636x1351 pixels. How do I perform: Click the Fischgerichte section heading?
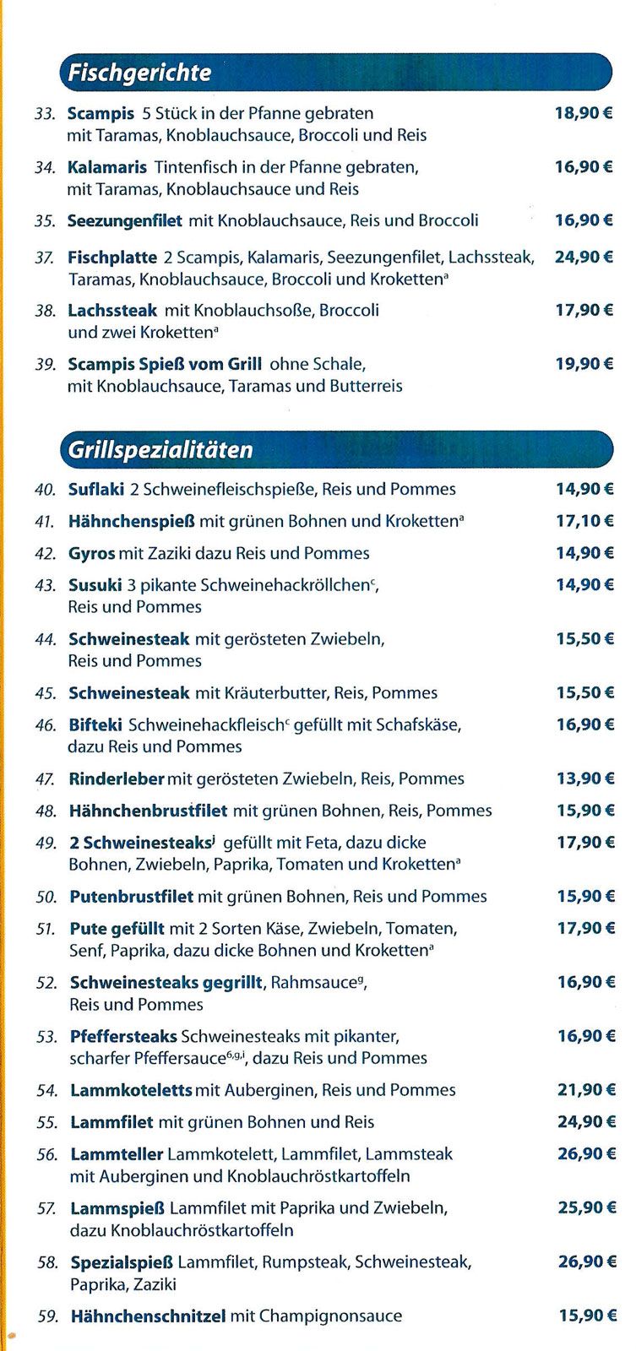pyautogui.click(x=139, y=73)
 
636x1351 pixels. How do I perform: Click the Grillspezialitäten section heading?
pyautogui.click(x=160, y=449)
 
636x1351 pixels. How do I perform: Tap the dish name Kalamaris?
pyautogui.click(x=107, y=167)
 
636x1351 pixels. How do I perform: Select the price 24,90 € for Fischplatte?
pyautogui.click(x=584, y=257)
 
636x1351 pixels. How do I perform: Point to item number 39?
pyautogui.click(x=46, y=365)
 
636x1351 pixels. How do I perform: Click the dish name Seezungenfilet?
pyautogui.click(x=125, y=221)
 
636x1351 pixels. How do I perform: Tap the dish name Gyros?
pyautogui.click(x=91, y=554)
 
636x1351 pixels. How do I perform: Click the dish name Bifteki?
pyautogui.click(x=95, y=725)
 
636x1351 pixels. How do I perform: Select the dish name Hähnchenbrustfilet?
pyautogui.click(x=149, y=811)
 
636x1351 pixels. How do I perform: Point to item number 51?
pyautogui.click(x=46, y=930)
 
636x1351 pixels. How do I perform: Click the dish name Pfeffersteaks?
pyautogui.click(x=123, y=1036)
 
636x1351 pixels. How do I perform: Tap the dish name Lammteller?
pyautogui.click(x=117, y=1154)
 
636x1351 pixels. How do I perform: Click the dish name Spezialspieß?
pyautogui.click(x=122, y=1262)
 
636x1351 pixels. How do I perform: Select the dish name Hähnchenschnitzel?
pyautogui.click(x=148, y=1316)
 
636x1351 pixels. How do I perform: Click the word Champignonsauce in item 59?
pyautogui.click(x=331, y=1316)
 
